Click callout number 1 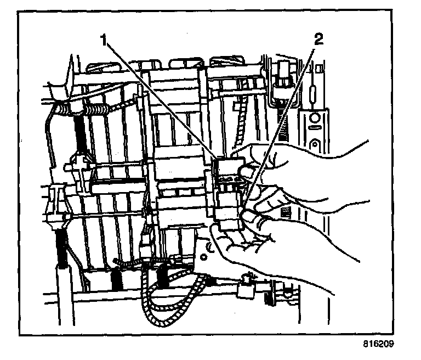tap(103, 40)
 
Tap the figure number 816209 tap(378, 346)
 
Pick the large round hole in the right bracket tap(315, 119)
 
